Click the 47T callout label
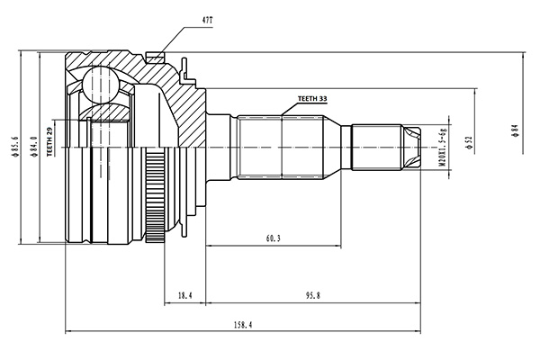(207, 21)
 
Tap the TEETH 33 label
(312, 99)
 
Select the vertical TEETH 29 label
(49, 141)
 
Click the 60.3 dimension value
(273, 238)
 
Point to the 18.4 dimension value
(184, 295)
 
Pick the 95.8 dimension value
(312, 295)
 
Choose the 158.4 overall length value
(243, 325)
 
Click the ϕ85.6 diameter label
(14, 147)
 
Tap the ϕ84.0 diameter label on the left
(34, 147)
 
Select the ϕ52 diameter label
(468, 142)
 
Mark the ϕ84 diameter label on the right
(515, 130)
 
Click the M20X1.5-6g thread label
(443, 147)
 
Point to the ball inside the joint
(100, 84)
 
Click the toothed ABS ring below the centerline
(154, 194)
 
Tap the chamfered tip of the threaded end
(411, 148)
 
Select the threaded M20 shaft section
(377, 148)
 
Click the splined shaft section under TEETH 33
(281, 148)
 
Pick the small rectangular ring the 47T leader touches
(155, 58)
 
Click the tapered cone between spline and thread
(332, 148)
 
